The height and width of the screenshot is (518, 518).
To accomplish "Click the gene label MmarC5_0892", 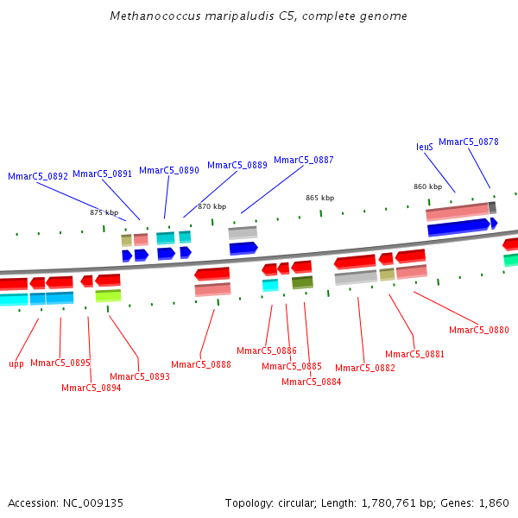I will tap(38, 176).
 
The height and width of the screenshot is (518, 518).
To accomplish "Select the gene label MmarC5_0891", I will tap(102, 174).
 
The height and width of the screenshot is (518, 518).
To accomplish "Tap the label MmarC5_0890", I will tap(169, 170).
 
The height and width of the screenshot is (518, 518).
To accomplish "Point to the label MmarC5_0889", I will tap(237, 165).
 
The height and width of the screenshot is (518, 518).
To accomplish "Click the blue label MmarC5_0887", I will tap(304, 160).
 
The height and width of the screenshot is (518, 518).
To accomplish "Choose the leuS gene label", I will tap(425, 147).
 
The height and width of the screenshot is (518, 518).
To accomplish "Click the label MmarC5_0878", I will tap(469, 142).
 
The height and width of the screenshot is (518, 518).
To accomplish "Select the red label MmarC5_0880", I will tap(479, 330).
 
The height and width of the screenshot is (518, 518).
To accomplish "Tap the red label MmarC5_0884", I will tap(311, 382).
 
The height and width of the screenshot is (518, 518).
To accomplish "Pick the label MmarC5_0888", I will tap(201, 364).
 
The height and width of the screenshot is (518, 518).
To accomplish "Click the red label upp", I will tap(16, 363).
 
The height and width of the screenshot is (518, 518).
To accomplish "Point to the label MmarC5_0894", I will tap(92, 388).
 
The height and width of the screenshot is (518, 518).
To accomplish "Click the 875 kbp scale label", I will tap(104, 212).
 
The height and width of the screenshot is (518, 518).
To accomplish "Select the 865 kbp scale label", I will tap(319, 198).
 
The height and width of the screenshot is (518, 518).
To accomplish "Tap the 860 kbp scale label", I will tap(427, 186).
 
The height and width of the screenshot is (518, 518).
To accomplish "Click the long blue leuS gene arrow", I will tap(458, 227).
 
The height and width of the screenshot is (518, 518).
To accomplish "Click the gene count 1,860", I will tap(495, 502).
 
